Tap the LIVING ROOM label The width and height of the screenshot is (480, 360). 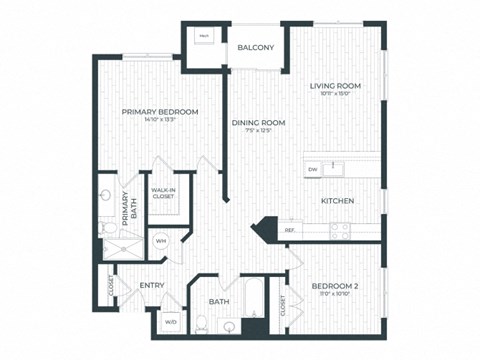pyautogui.click(x=335, y=86)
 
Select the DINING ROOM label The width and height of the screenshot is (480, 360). pyautogui.click(x=259, y=123)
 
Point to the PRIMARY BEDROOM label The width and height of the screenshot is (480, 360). pyautogui.click(x=160, y=111)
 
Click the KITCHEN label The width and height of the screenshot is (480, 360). pyautogui.click(x=337, y=201)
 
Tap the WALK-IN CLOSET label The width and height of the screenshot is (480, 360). pyautogui.click(x=163, y=192)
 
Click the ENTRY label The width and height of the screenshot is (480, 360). pyautogui.click(x=151, y=285)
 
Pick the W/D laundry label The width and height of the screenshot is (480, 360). pyautogui.click(x=170, y=322)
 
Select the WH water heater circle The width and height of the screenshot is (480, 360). pyautogui.click(x=161, y=241)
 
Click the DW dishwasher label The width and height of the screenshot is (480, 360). pyautogui.click(x=313, y=170)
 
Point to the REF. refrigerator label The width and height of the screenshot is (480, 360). pyautogui.click(x=290, y=231)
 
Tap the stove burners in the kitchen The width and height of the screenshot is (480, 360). pyautogui.click(x=340, y=230)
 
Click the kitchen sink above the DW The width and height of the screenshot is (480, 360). pyautogui.click(x=334, y=165)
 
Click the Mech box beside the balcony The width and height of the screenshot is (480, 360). pyautogui.click(x=204, y=36)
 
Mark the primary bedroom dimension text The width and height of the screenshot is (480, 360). pyautogui.click(x=160, y=121)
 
